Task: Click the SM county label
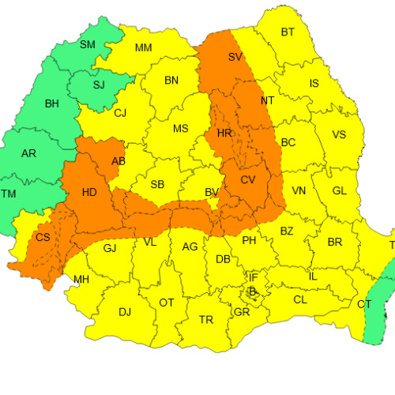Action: click(87, 44)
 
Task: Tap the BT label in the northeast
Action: click(288, 32)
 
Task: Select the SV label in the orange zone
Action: click(235, 57)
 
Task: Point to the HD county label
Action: click(90, 192)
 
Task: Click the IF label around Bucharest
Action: click(254, 277)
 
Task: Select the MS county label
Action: click(181, 129)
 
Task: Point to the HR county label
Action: click(224, 134)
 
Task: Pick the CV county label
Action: click(248, 180)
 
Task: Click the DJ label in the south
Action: click(125, 311)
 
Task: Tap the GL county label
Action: click(340, 190)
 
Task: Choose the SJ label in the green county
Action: click(99, 85)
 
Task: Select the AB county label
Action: click(119, 161)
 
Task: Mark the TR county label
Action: click(205, 319)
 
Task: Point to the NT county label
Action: click(267, 100)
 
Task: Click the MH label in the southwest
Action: click(81, 279)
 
